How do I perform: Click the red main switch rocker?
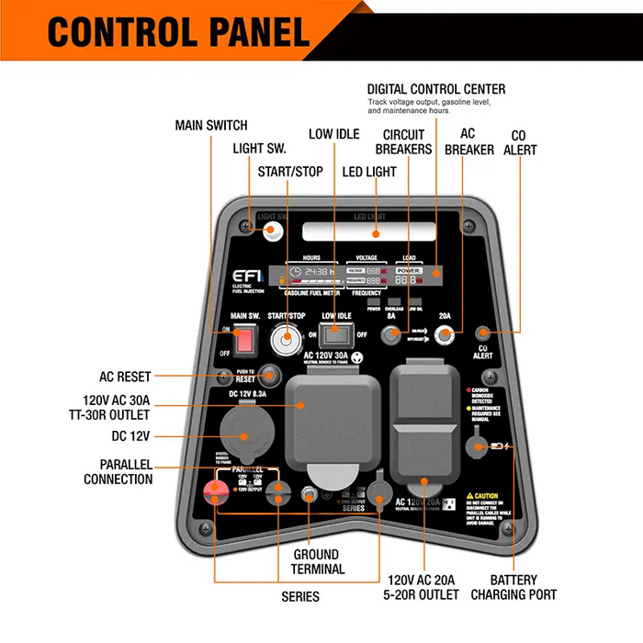(243, 342)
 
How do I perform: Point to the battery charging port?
(477, 447)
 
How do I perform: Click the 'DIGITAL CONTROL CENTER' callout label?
(436, 89)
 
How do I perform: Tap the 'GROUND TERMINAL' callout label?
(317, 561)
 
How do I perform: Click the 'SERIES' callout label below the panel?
(300, 597)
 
